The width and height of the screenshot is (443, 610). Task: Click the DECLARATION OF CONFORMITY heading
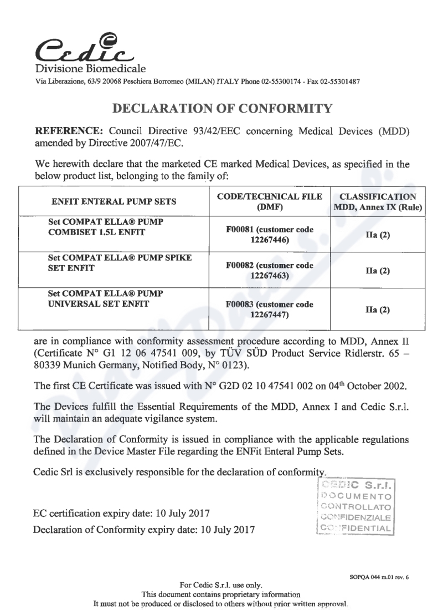[221, 108]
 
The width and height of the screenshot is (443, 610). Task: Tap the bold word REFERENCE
[63, 133]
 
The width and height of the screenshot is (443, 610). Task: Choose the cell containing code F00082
[270, 271]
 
